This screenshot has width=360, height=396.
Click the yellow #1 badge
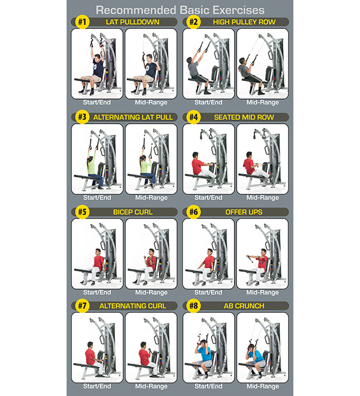(x=82, y=22)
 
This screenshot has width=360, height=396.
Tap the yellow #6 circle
(x=194, y=212)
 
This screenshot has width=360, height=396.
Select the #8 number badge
(x=194, y=306)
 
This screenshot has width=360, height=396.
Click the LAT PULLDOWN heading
(x=133, y=22)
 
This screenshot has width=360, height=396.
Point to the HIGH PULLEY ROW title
(x=244, y=22)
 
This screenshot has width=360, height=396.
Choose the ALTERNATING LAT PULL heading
(x=133, y=118)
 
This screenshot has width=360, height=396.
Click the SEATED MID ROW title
(x=244, y=118)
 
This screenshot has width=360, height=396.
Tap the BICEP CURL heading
(x=133, y=212)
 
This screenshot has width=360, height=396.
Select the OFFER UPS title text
(x=244, y=212)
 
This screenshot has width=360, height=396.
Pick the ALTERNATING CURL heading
(x=133, y=306)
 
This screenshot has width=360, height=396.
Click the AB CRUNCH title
(x=244, y=306)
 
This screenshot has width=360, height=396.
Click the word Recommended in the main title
(x=136, y=10)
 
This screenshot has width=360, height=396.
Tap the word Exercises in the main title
(x=238, y=10)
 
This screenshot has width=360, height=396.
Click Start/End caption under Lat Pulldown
(x=97, y=102)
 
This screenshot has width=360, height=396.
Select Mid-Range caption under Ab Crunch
(x=263, y=386)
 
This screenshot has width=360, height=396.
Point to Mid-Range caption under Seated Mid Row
(x=263, y=197)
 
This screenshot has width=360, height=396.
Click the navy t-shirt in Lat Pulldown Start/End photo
(x=98, y=68)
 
